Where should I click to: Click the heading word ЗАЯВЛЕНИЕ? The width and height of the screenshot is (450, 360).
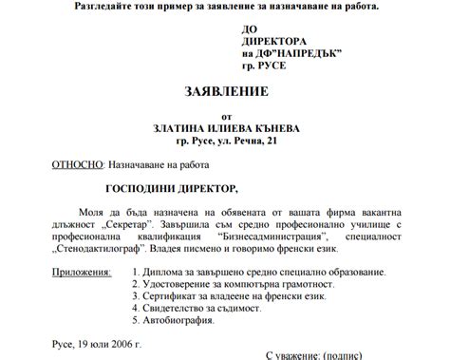225,92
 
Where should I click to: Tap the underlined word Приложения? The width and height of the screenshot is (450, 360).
78,272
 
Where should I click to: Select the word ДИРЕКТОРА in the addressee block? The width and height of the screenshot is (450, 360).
275,43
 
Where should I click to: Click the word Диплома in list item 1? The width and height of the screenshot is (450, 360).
166,272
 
